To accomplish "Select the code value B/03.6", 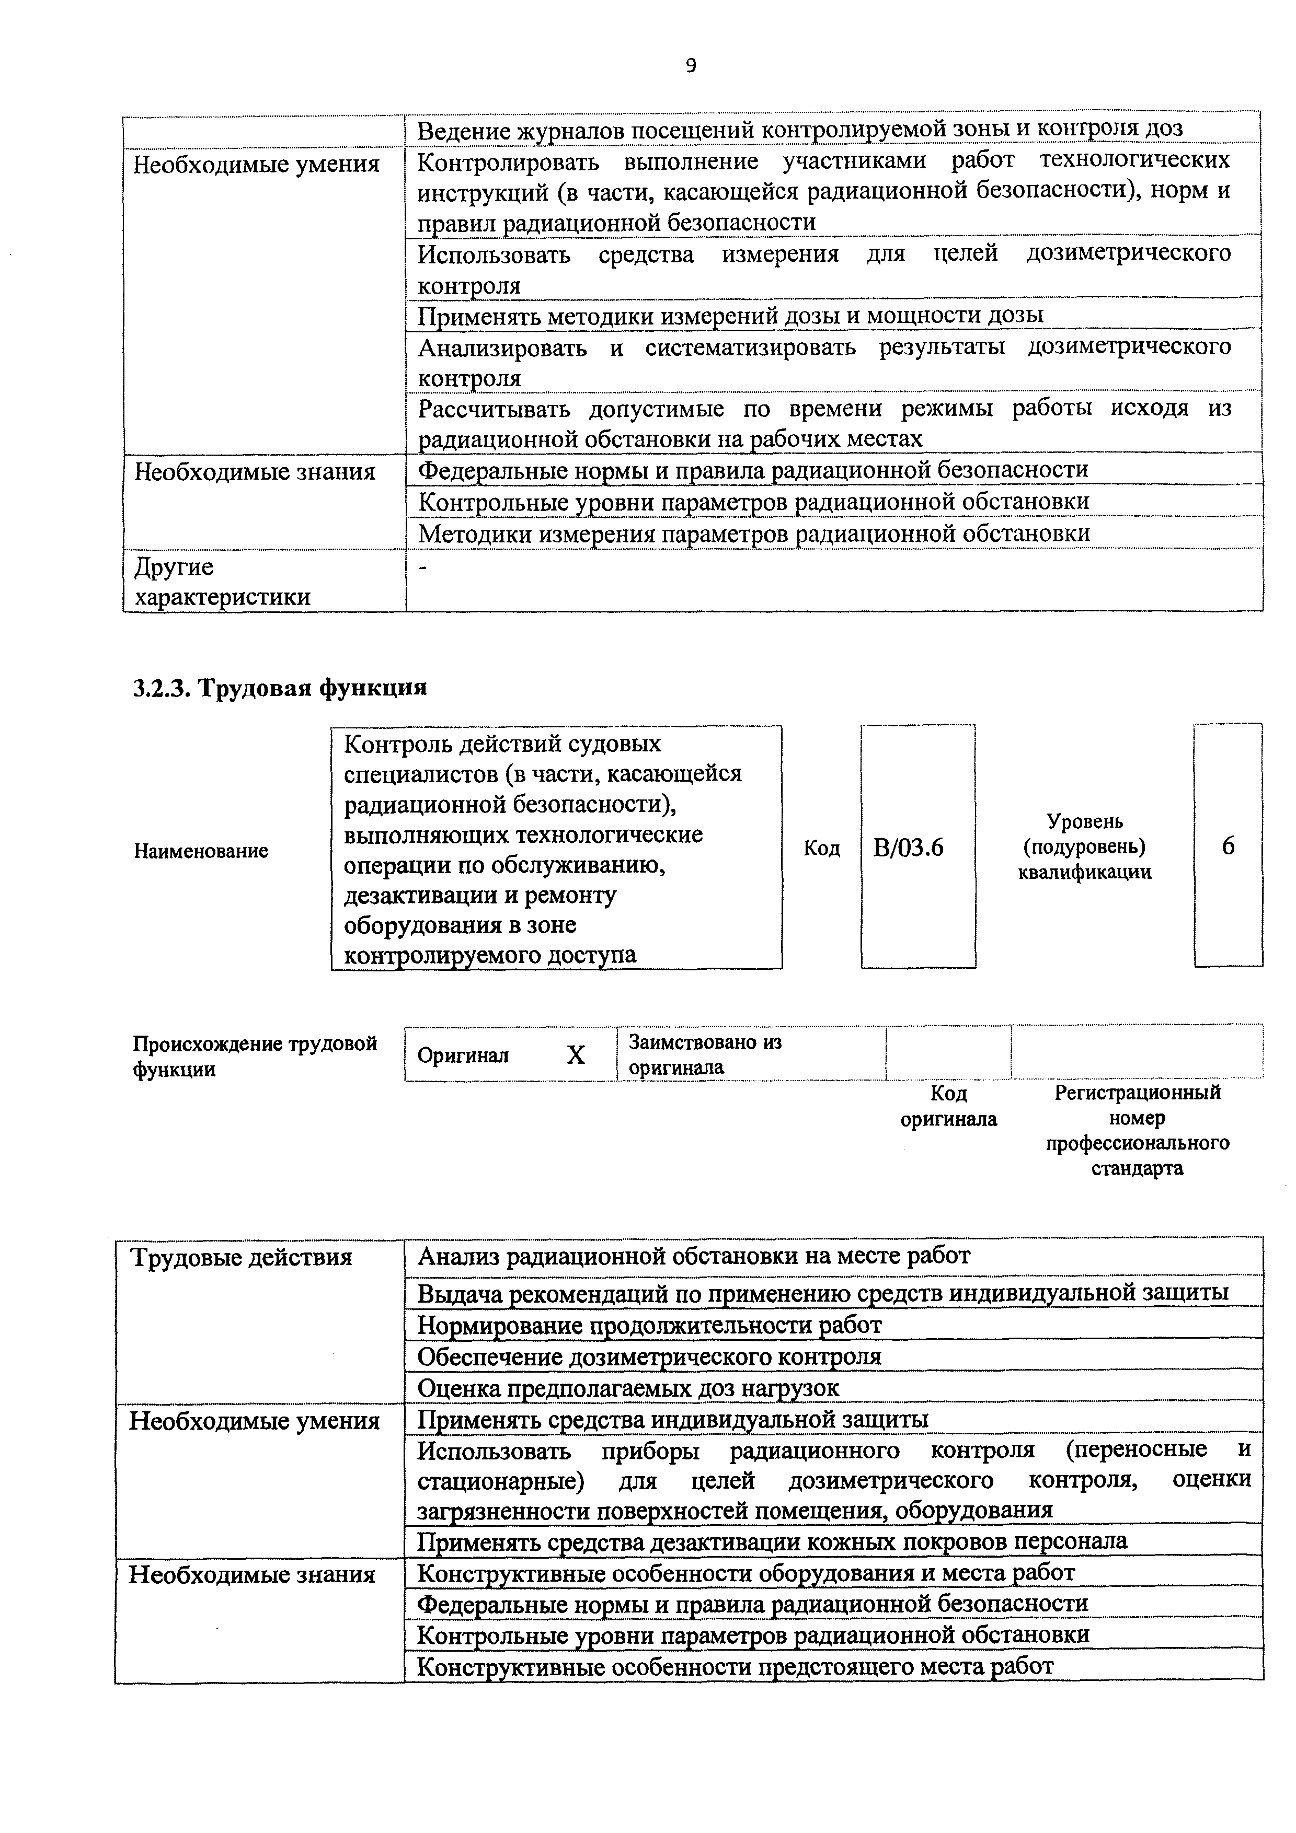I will [x=908, y=847].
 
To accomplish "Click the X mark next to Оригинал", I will [x=575, y=1055].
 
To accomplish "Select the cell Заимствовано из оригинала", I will [x=705, y=1054].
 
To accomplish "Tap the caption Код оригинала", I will [x=949, y=1106].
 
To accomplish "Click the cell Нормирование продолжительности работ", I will [x=649, y=1325].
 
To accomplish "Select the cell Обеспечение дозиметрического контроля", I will [x=649, y=1356].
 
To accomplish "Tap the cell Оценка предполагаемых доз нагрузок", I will [x=628, y=1388].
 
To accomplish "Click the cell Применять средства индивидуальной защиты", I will [x=672, y=1420].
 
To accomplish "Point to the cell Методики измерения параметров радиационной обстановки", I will [x=754, y=533].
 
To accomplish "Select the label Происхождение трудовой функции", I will [x=255, y=1056].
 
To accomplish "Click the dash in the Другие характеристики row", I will [x=423, y=567].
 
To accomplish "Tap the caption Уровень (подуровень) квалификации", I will [x=1084, y=846].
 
